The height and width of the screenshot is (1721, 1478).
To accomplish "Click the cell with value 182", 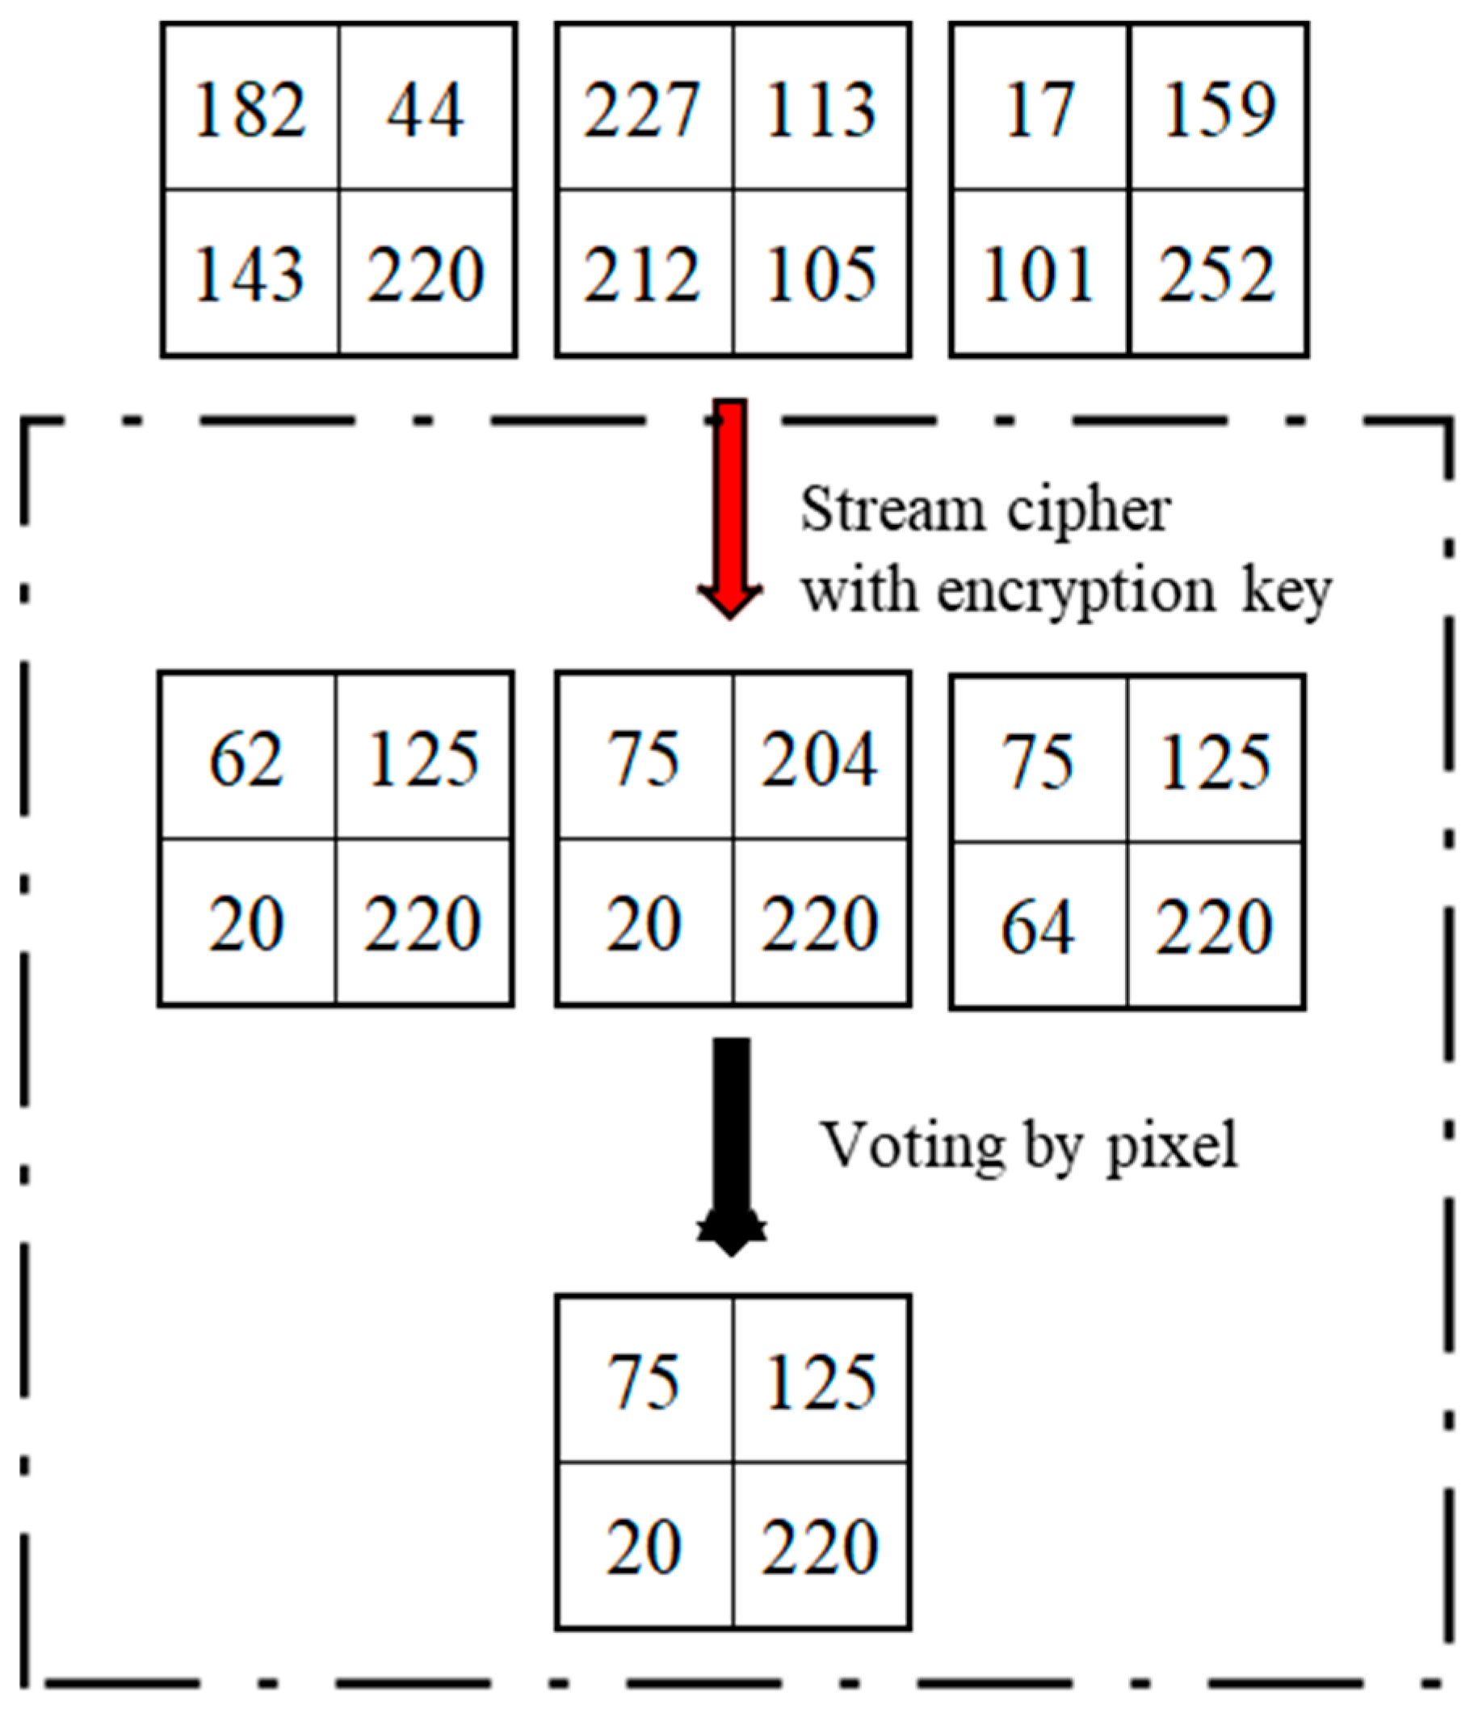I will tap(250, 109).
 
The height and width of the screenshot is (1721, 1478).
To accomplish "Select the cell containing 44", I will tap(426, 109).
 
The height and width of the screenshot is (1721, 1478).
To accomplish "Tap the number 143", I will tap(250, 274).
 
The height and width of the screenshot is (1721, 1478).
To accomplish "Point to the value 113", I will tap(821, 109).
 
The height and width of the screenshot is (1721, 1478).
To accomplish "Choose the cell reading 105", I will tap(821, 274).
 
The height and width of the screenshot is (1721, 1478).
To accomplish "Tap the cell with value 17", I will tap(1039, 109).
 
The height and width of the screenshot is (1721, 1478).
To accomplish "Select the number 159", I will tap(1219, 109).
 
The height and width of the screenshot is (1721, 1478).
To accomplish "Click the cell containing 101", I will tap(1039, 274).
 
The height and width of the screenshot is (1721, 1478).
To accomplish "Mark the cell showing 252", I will tap(1217, 274).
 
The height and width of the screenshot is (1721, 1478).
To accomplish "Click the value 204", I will tap(820, 758).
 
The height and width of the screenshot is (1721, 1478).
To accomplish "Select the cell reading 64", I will tap(1038, 927).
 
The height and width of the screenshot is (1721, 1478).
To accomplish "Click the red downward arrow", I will tap(730, 506).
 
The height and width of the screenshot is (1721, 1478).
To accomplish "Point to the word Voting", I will tap(913, 1144).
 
